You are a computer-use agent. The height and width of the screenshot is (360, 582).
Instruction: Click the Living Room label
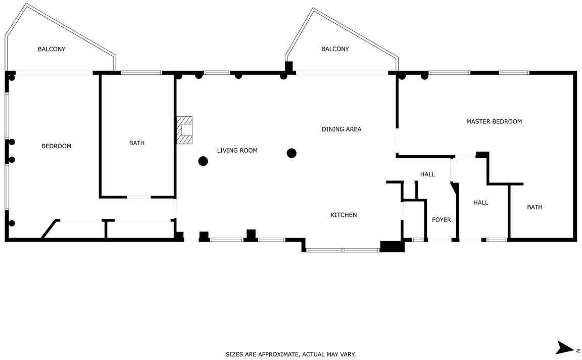237,151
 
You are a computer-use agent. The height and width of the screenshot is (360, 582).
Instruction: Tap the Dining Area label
342,129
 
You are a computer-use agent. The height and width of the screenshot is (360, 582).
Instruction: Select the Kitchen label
344,215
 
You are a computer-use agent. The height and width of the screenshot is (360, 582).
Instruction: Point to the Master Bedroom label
494,121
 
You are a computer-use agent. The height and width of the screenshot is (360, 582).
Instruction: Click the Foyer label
442,220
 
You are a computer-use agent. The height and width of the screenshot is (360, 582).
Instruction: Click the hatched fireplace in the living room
184,130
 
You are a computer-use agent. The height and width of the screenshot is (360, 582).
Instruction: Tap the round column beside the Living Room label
203,161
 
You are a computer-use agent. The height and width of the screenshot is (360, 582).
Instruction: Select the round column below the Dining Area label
292,153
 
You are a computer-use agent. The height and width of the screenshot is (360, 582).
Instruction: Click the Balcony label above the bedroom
52,49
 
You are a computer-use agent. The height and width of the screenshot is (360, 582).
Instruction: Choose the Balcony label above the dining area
335,49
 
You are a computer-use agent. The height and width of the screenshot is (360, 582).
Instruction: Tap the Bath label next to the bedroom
137,143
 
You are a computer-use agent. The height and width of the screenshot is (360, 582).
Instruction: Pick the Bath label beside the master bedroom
535,207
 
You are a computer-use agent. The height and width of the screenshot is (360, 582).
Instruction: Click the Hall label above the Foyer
427,174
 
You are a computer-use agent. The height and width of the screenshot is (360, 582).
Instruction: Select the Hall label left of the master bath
480,202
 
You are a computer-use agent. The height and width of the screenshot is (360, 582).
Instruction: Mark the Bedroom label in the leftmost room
57,146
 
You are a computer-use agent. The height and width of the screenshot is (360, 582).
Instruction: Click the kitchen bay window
343,250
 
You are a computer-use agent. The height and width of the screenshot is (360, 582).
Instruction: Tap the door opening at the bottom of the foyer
440,240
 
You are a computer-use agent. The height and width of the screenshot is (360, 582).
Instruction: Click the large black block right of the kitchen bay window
393,247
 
